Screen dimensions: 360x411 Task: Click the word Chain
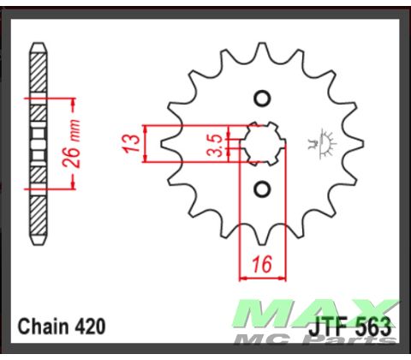pyautogui.click(x=43, y=327)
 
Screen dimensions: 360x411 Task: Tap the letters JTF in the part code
pyautogui.click(x=334, y=327)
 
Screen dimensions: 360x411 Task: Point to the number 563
pyautogui.click(x=374, y=327)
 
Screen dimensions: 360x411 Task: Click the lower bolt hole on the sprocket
pyautogui.click(x=263, y=188)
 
